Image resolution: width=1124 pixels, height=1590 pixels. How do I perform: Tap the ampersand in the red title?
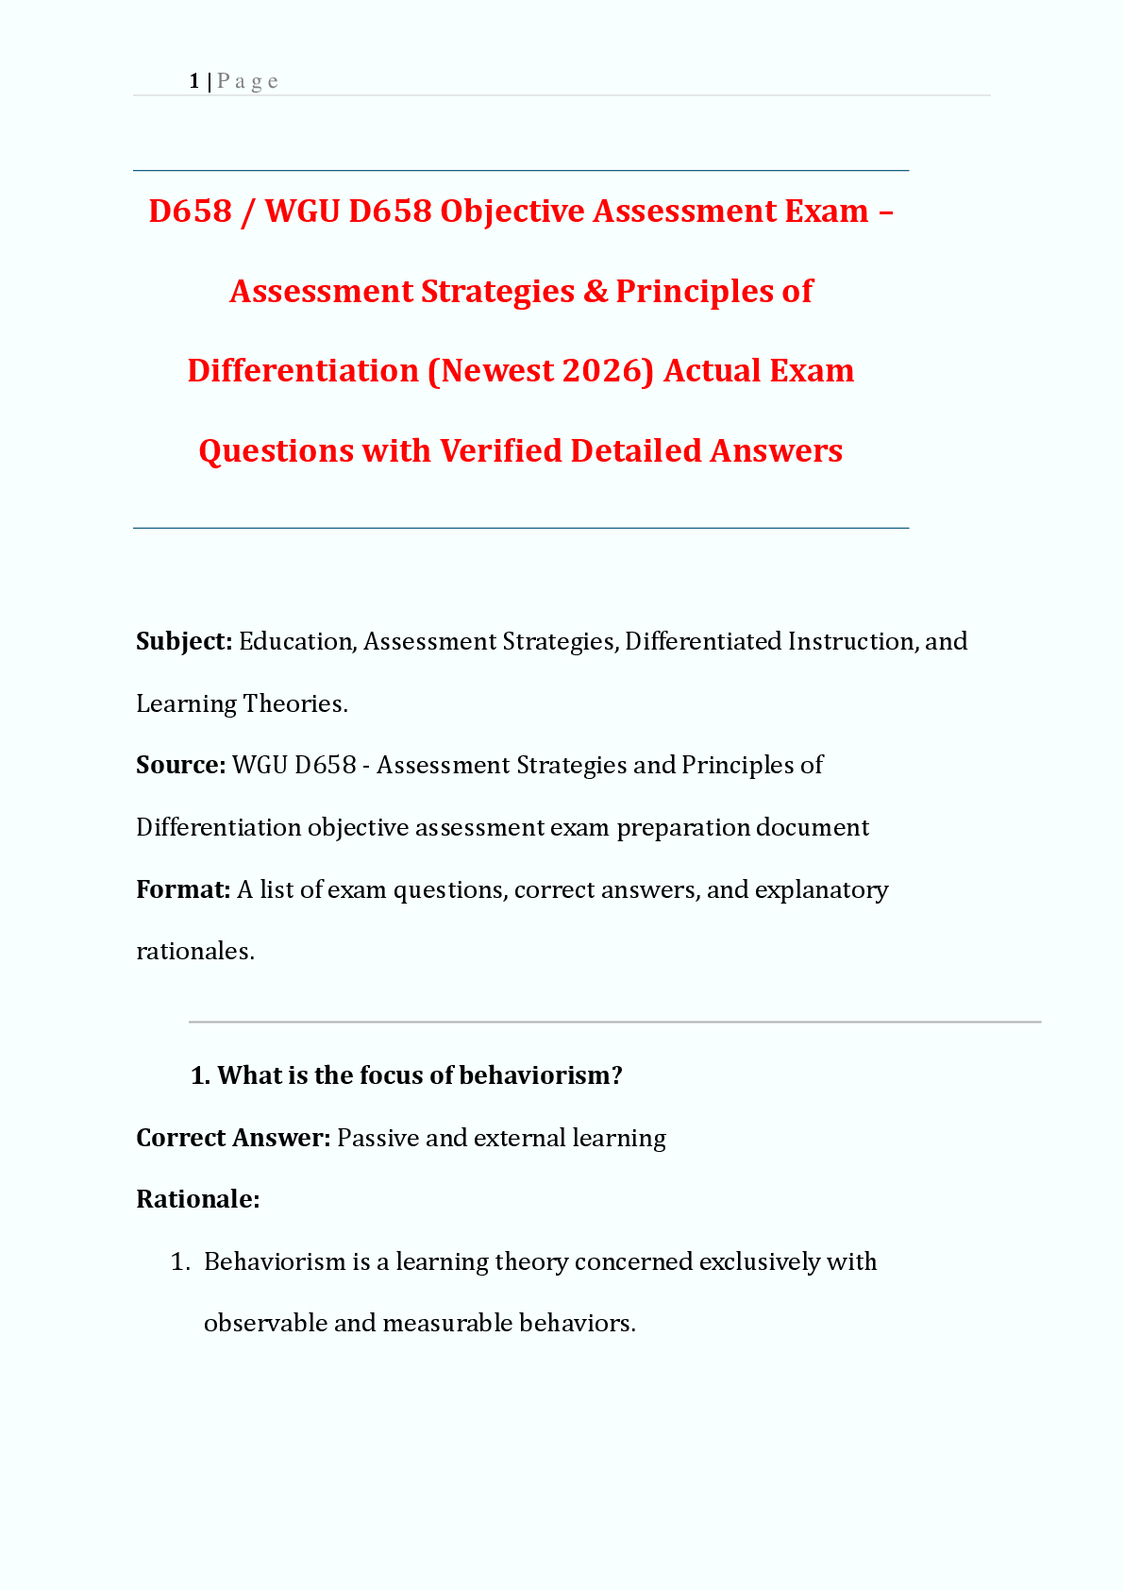[596, 291]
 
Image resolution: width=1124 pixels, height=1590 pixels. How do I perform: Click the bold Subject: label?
[184, 641]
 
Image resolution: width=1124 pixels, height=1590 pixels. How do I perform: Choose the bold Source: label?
[180, 765]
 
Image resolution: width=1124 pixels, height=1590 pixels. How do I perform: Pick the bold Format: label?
[183, 889]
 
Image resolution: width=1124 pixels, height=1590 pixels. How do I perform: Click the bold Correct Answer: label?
[233, 1138]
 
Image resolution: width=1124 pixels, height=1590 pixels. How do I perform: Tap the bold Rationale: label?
[197, 1199]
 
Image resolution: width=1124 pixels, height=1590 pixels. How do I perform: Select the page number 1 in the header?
[193, 81]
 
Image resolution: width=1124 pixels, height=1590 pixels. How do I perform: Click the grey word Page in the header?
[247, 81]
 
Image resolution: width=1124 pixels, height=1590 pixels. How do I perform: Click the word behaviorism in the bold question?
[534, 1075]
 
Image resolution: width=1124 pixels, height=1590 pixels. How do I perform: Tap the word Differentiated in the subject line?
[703, 641]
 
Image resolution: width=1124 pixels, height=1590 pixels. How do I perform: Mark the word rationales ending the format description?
[194, 951]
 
